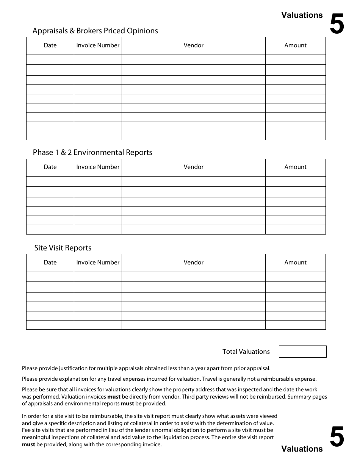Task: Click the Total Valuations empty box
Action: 302,352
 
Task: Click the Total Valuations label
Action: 246,352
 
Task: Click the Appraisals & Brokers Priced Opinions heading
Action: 95,31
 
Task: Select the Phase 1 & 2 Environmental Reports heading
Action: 92,152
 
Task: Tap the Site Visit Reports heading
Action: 63,248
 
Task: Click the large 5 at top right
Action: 337,24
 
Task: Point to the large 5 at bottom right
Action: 337,437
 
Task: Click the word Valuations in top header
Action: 302,15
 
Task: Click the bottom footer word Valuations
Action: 302,449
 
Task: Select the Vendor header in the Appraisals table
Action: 194,45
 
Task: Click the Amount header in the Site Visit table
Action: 295,263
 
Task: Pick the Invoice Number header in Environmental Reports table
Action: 98,167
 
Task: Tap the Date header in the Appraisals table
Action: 50,45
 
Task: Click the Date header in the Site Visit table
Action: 50,263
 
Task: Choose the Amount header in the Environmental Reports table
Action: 295,167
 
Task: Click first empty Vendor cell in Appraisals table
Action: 194,60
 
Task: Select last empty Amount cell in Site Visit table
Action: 295,325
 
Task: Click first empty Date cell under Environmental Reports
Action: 50,181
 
